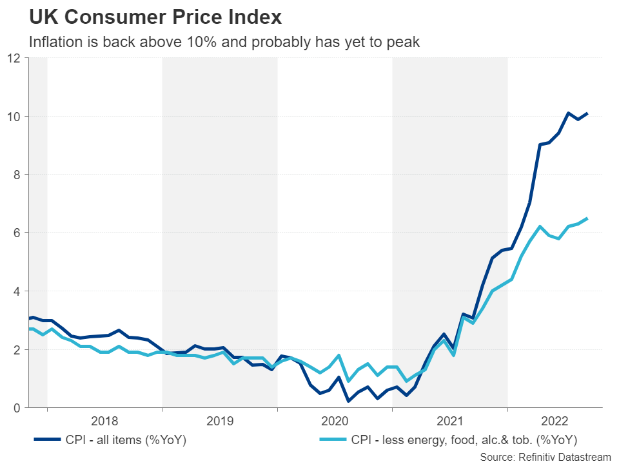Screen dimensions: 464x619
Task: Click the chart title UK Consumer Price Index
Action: (x=155, y=15)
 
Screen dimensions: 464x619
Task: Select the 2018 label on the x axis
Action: (x=104, y=422)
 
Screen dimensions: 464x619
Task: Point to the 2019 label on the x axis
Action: (x=220, y=422)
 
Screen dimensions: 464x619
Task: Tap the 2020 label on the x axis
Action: (x=335, y=422)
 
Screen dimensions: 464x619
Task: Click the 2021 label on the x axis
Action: (x=450, y=422)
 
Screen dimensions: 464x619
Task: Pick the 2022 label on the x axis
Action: (x=555, y=422)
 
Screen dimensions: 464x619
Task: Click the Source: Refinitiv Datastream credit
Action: (x=545, y=456)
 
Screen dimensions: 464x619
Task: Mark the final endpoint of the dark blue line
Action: (x=587, y=113)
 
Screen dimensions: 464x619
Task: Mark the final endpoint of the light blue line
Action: (x=587, y=218)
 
